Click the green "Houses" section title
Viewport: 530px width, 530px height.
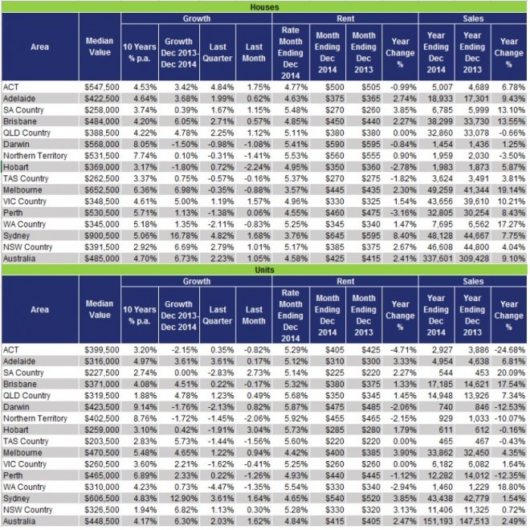[264, 6]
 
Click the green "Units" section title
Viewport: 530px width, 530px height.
[264, 271]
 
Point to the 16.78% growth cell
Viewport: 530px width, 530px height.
[178, 238]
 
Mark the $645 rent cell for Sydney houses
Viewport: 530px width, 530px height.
[329, 238]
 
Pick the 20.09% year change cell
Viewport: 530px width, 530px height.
[508, 373]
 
